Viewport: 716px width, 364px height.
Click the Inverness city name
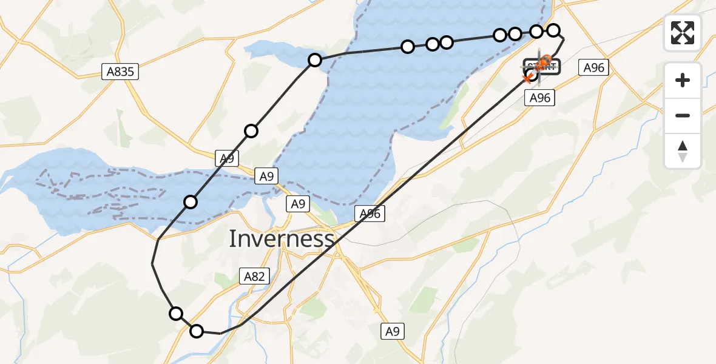281,239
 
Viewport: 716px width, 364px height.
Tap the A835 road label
120,72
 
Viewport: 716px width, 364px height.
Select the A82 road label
254,277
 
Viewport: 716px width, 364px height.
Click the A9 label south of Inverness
393,331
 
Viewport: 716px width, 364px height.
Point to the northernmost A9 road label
226,159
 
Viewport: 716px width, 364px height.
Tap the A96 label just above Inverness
370,214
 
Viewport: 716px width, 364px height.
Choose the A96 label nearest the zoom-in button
593,67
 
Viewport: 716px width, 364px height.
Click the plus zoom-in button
683,80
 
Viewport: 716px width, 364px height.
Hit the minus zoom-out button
683,115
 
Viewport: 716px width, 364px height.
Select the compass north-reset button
683,151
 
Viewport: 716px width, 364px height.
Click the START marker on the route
542,66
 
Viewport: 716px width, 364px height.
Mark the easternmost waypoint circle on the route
553,30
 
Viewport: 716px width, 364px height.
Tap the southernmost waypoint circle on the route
197,331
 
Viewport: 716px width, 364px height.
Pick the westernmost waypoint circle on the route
176,313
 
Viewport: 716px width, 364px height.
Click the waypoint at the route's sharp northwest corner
314,59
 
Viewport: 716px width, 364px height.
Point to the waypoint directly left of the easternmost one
536,31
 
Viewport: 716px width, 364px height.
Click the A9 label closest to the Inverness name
298,204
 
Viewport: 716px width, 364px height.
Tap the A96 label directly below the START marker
539,98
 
